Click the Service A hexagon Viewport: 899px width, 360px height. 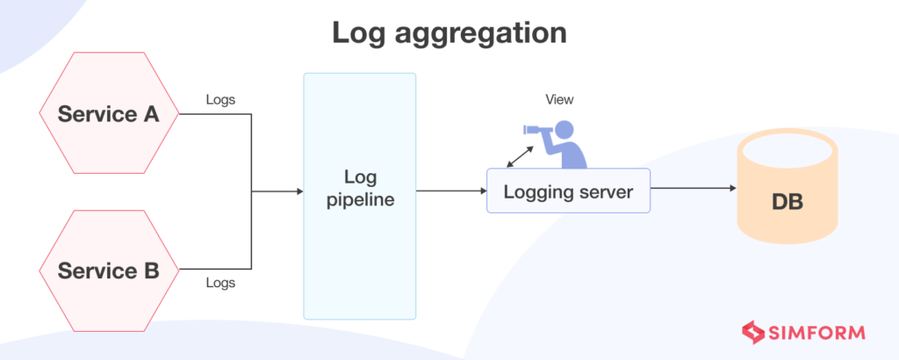[x=108, y=113]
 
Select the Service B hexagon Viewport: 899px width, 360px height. [x=108, y=270]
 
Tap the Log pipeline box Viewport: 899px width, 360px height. [x=359, y=196]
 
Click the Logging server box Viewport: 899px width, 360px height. [x=568, y=191]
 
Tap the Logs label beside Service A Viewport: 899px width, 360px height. [x=220, y=99]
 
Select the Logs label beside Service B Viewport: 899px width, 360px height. [x=220, y=283]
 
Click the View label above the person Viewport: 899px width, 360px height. [x=559, y=99]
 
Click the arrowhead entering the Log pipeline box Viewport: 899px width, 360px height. [x=298, y=190]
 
